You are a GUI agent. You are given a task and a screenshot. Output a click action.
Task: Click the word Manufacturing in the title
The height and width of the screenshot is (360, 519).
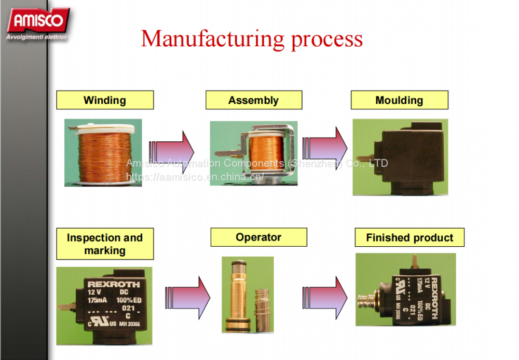(x=213, y=39)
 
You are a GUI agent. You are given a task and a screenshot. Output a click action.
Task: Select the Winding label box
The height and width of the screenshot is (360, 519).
(x=105, y=100)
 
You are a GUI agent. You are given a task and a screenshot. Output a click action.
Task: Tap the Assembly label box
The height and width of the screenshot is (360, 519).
(x=253, y=100)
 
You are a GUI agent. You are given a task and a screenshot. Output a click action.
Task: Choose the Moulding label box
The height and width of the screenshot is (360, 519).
(x=399, y=100)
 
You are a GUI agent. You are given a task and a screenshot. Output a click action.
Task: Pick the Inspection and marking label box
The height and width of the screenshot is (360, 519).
(x=105, y=244)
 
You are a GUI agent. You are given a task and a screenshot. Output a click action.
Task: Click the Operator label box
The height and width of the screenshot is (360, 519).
(x=258, y=237)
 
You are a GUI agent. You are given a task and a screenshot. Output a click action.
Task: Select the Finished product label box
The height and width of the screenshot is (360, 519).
(x=409, y=238)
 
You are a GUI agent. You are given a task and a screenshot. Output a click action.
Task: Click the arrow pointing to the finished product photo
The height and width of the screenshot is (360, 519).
(x=325, y=298)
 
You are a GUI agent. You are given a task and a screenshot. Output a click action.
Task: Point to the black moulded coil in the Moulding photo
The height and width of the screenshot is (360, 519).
(x=405, y=156)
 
